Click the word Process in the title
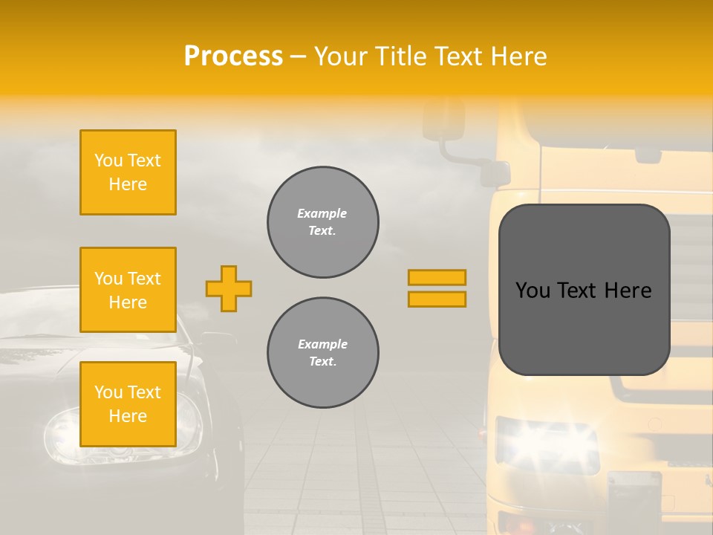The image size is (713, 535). click(232, 56)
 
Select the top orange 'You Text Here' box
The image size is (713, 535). click(128, 172)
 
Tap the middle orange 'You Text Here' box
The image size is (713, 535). click(128, 290)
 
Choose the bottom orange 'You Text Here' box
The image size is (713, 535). click(128, 404)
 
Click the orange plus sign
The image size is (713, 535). click(229, 288)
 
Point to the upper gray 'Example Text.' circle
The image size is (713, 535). click(322, 222)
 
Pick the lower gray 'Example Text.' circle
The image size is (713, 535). click(322, 353)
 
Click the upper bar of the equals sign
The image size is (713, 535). click(437, 278)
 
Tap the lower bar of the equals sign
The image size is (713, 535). click(437, 299)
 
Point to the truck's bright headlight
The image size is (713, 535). click(546, 443)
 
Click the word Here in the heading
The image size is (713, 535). click(519, 56)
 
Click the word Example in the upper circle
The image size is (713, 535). click(322, 214)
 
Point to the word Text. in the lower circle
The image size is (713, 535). click(322, 362)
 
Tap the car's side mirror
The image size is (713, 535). click(215, 343)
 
